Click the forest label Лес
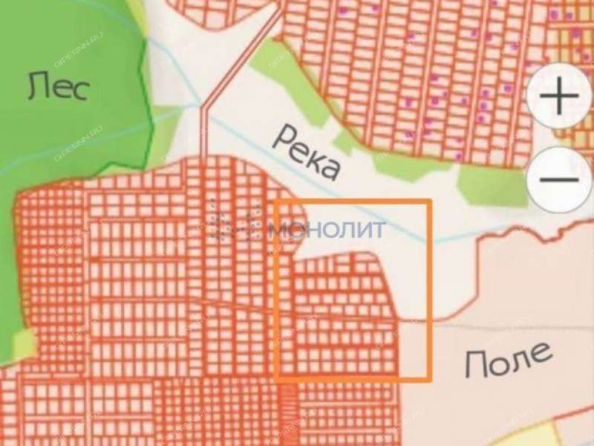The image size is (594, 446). [x=59, y=87]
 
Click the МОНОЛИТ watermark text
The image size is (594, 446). [x=327, y=230]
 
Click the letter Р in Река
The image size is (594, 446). [x=286, y=138]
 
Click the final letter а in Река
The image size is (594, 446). [x=330, y=169]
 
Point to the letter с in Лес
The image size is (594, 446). [x=80, y=89]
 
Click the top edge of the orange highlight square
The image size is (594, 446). [x=353, y=202]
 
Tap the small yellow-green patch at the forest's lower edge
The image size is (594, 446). [x=25, y=343]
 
